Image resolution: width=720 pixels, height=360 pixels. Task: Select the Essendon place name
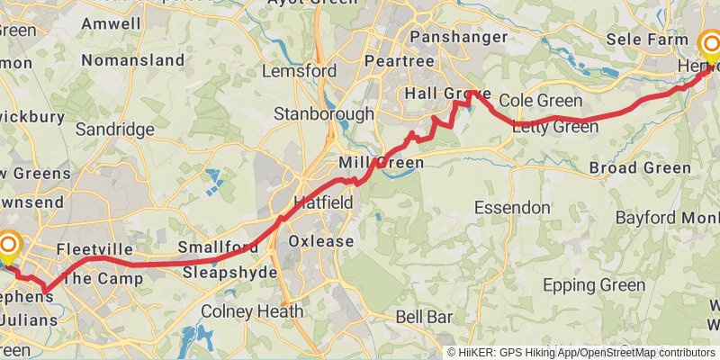point(513,207)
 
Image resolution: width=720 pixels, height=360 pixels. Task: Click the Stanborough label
point(324,114)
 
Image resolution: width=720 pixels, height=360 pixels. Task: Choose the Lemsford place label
point(300,70)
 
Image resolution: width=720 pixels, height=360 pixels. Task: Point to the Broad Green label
point(640,167)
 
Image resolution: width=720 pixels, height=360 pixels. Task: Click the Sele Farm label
point(647,40)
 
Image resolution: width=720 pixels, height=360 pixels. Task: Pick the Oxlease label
point(321,241)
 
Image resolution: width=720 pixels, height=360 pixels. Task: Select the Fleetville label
point(94,249)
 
